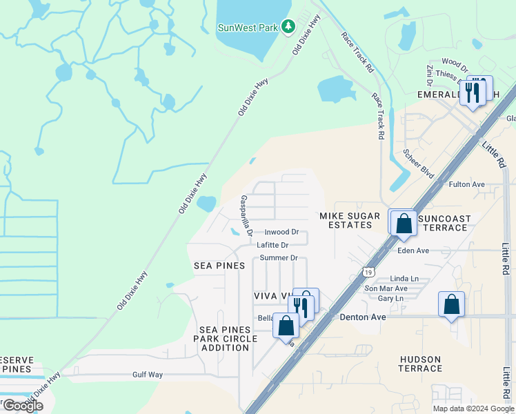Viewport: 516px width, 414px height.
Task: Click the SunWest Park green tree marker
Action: coord(289,28)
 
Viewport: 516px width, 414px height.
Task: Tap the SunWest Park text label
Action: coord(248,28)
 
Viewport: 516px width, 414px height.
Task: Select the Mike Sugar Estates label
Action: coord(350,220)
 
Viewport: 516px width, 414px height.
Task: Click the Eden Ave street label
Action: coord(413,250)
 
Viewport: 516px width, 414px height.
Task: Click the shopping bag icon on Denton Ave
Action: coord(451,304)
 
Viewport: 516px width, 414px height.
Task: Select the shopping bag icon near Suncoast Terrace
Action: coord(404,223)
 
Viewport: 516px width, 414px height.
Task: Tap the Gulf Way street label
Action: coord(148,375)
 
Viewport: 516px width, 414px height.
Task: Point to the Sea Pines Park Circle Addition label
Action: coord(225,339)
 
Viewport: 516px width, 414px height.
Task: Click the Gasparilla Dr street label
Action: coord(246,214)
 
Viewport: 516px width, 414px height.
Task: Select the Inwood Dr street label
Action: coord(281,232)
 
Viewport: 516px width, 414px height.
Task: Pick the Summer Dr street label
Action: coord(279,258)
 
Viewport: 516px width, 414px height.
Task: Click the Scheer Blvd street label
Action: coord(419,163)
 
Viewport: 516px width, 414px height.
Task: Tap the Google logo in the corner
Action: coord(23,406)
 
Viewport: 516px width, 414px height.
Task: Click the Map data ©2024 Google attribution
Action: coord(473,408)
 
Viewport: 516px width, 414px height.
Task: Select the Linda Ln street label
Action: coord(405,278)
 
